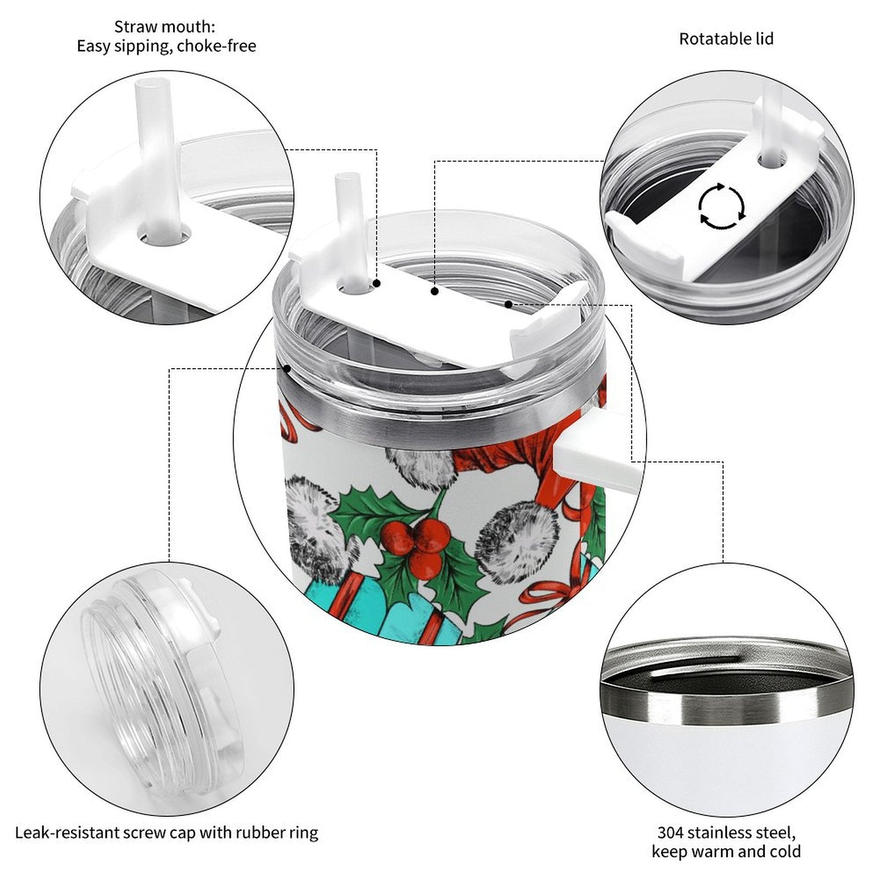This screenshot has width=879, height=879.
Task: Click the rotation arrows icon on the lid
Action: pyautogui.click(x=722, y=207)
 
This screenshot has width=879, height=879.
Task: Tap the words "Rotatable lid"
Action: pyautogui.click(x=726, y=39)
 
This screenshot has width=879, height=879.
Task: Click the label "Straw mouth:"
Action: pyautogui.click(x=165, y=26)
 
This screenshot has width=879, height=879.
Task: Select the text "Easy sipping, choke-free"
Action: pyautogui.click(x=166, y=46)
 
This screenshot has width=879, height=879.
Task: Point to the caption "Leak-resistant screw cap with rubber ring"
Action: pyautogui.click(x=166, y=833)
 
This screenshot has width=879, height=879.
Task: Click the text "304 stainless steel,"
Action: pyautogui.click(x=726, y=833)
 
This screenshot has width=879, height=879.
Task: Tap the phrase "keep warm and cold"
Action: pyautogui.click(x=726, y=852)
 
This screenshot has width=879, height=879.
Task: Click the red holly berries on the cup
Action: pyautogui.click(x=420, y=542)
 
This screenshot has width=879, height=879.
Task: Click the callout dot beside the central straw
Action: pyautogui.click(x=377, y=283)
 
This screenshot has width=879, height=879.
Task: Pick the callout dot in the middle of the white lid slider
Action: pyautogui.click(x=435, y=291)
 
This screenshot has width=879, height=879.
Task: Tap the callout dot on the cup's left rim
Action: pyautogui.click(x=286, y=369)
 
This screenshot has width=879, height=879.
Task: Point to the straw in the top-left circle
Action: pyautogui.click(x=159, y=159)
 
